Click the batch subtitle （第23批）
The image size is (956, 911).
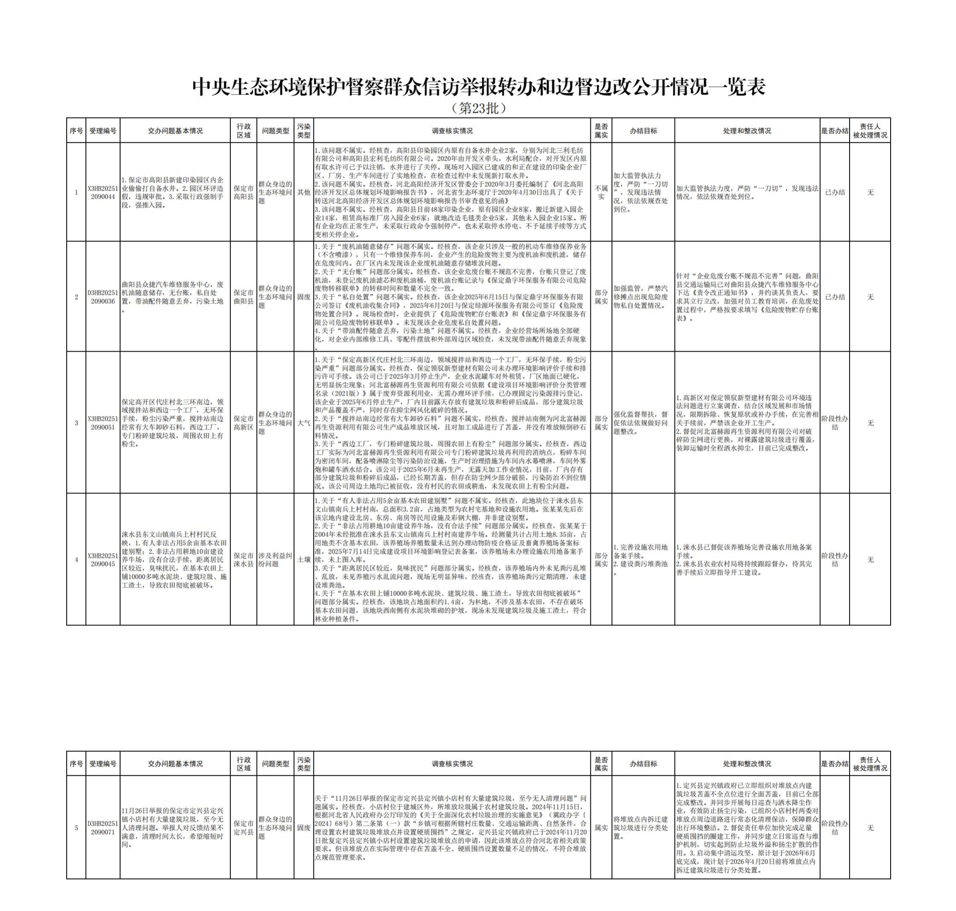(478, 108)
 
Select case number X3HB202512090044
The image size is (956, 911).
(103, 192)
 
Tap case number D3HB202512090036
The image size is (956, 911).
(103, 297)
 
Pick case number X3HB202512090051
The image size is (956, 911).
(103, 423)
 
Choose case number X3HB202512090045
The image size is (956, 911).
(103, 559)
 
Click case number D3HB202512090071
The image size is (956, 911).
(103, 828)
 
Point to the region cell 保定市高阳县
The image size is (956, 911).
(243, 192)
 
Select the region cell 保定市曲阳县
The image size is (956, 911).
(243, 297)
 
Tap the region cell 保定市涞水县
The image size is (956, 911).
(243, 559)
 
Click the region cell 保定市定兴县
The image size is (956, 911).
(243, 828)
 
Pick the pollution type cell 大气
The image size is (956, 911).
(304, 423)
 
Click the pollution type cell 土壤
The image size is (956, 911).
(304, 559)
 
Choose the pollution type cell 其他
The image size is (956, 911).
(304, 192)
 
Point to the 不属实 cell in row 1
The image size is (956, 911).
(601, 192)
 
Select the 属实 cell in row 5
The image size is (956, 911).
(601, 828)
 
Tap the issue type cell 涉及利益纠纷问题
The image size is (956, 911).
(275, 559)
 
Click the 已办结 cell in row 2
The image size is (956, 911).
(835, 297)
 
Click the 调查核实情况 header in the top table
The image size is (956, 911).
(452, 131)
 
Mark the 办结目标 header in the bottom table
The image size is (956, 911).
(643, 764)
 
